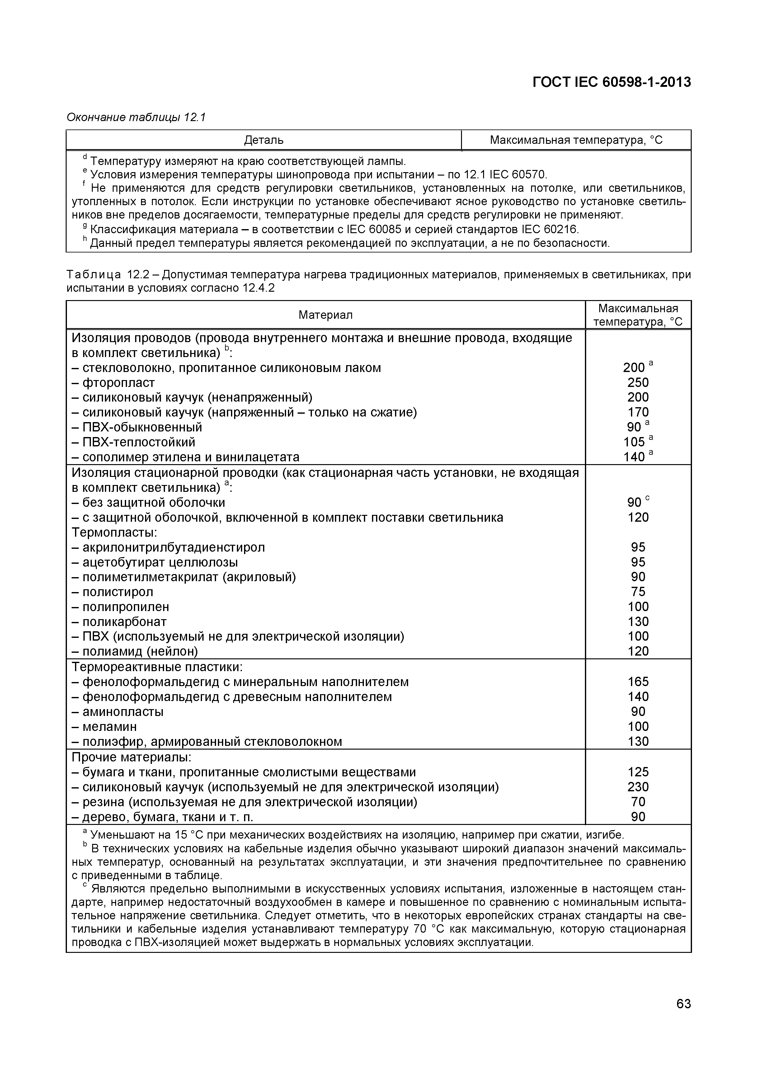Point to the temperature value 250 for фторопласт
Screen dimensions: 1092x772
[x=638, y=382]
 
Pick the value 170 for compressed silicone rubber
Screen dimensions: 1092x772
[x=638, y=412]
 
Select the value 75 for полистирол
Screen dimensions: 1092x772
[x=638, y=592]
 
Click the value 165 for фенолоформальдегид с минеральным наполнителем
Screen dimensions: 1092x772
[x=638, y=681]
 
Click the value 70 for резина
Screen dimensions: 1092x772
[x=638, y=802]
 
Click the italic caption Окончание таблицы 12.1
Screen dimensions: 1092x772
[x=135, y=117]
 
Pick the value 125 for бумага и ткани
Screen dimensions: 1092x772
[x=638, y=772]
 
